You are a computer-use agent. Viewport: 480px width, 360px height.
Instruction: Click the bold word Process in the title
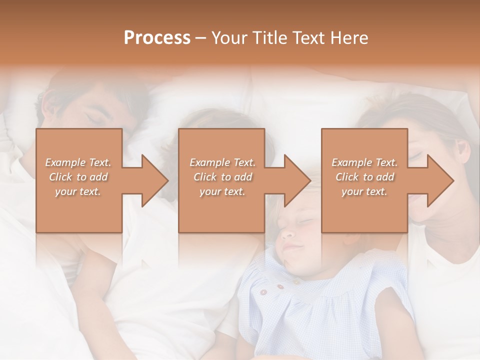point(157,38)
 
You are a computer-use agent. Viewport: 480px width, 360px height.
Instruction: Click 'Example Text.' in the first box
point(78,162)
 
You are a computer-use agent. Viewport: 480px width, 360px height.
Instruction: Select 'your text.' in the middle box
point(222,192)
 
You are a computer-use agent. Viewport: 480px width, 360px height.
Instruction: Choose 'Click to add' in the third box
point(364,177)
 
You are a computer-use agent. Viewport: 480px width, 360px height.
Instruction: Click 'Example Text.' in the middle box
point(222,162)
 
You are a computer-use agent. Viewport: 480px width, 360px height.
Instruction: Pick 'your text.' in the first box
point(78,192)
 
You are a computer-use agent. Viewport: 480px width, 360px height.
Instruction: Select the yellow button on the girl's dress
point(297,282)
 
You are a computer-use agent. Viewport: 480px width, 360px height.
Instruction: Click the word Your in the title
point(228,38)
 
